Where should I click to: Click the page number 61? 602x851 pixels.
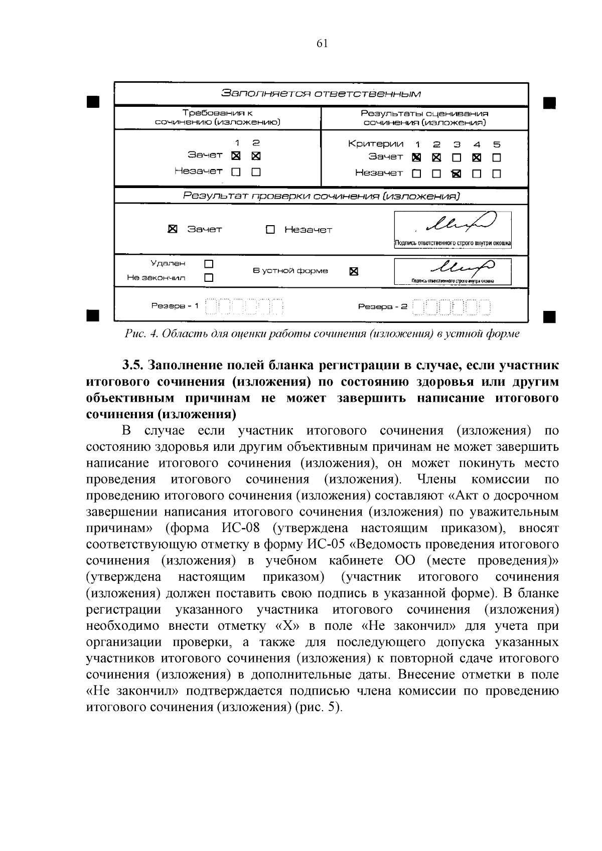(x=322, y=44)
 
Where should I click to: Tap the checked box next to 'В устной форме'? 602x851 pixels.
(x=354, y=272)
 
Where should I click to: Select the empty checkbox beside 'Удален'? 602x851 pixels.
(x=209, y=263)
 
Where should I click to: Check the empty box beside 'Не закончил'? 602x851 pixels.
(x=209, y=277)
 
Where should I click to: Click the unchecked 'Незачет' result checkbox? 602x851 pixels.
(x=270, y=230)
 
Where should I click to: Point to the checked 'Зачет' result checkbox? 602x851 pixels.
(x=172, y=229)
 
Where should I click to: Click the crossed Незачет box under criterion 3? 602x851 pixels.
(x=456, y=174)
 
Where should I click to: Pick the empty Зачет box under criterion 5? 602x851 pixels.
(x=496, y=158)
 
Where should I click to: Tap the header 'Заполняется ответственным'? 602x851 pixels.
(x=321, y=94)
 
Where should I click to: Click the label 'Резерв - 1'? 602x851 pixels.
(x=175, y=305)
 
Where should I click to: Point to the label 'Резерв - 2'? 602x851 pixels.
(x=382, y=306)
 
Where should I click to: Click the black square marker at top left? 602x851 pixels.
(x=92, y=102)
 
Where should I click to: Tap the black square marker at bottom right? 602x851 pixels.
(x=549, y=316)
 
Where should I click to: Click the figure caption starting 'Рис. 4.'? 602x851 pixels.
(x=322, y=334)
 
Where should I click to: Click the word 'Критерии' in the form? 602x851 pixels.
(x=375, y=144)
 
